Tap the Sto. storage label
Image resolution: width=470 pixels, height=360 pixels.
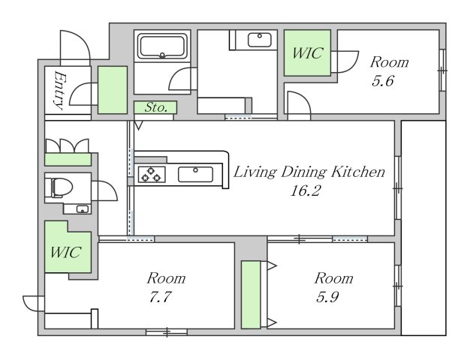(x=155, y=107)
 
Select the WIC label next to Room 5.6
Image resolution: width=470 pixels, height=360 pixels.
(x=308, y=53)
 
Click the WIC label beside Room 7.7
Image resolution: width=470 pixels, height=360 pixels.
(x=65, y=252)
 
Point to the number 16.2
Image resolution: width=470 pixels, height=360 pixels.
(x=306, y=190)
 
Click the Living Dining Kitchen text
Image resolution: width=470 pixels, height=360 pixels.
(x=309, y=172)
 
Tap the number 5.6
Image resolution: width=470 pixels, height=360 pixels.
(x=383, y=81)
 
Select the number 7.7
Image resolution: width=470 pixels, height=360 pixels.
(x=161, y=298)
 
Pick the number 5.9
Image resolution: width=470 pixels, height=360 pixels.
(x=327, y=298)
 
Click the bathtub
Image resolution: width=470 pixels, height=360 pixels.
(x=162, y=46)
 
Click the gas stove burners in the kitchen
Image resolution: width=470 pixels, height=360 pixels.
(x=152, y=174)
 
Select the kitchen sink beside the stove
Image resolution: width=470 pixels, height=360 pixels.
(x=196, y=174)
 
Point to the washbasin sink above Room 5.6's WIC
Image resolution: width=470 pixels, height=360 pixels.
(x=260, y=40)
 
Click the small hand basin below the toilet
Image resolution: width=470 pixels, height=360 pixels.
(x=82, y=208)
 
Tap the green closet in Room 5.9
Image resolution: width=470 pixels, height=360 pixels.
(x=251, y=295)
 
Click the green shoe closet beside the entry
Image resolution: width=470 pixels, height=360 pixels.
(x=113, y=90)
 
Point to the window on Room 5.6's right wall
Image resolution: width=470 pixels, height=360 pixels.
(x=442, y=70)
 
